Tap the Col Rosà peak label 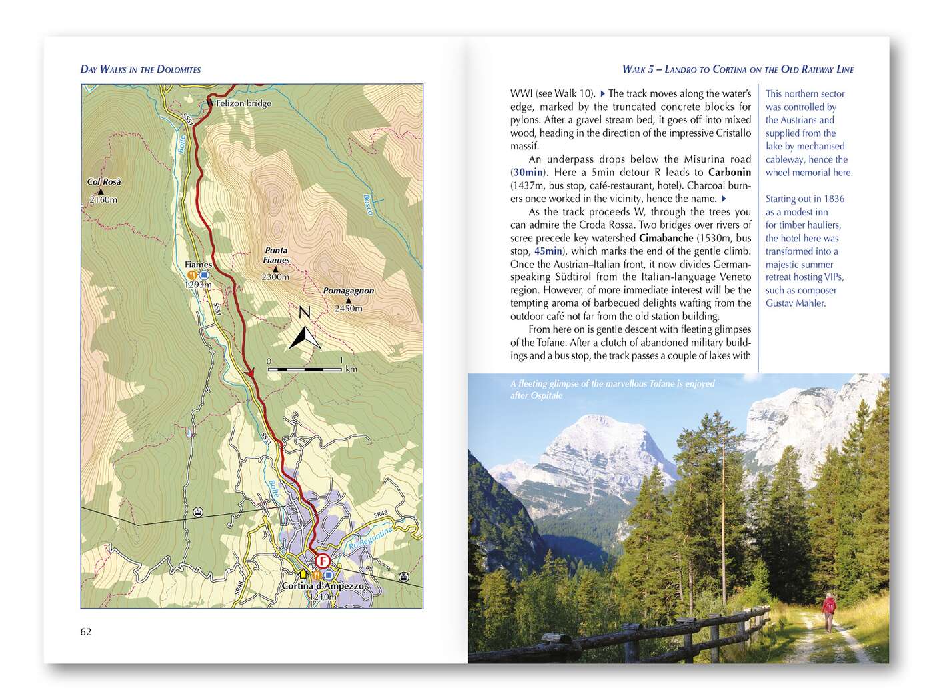[104, 181]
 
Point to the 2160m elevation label [103, 199]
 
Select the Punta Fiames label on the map [276, 255]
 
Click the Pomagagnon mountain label [348, 291]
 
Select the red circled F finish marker [323, 561]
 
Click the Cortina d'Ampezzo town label [323, 586]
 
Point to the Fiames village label [198, 265]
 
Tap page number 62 [85, 632]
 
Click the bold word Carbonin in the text [729, 172]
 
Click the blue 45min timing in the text [548, 251]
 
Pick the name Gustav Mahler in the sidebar [795, 303]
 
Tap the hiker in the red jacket [828, 611]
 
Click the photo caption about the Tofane [612, 389]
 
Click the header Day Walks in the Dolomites [140, 69]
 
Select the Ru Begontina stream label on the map [369, 541]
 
